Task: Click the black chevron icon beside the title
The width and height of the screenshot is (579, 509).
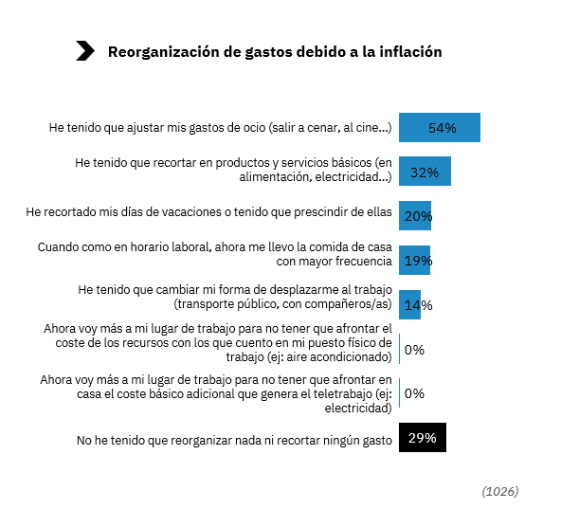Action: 84,52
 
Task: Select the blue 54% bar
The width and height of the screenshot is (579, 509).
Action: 439,127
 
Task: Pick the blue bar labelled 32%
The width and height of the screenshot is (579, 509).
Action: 424,172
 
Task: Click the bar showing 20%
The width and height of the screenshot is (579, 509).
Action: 414,215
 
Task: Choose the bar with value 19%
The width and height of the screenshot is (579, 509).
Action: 414,260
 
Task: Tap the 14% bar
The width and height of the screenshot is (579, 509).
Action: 409,304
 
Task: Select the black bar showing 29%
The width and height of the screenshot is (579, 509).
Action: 422,438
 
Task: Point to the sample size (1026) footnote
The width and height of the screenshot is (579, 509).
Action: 500,491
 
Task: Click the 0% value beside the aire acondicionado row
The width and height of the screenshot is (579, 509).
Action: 414,349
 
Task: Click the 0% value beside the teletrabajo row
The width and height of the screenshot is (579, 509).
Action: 414,393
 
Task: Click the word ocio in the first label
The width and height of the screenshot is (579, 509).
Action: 254,128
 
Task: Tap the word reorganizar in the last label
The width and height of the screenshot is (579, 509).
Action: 222,439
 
